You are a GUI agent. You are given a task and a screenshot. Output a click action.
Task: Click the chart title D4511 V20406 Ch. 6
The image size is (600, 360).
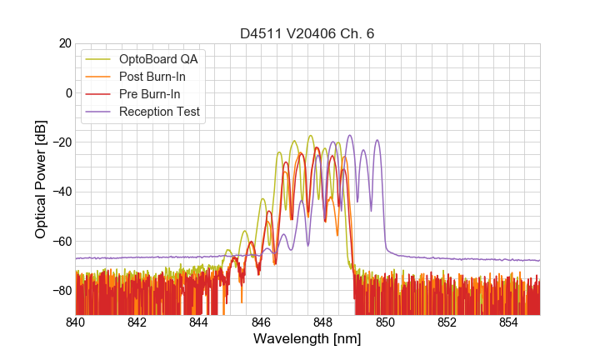click(307, 34)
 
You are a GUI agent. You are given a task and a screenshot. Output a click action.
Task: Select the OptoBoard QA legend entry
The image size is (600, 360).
click(159, 59)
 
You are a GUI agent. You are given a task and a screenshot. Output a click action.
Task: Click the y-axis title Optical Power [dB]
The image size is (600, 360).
click(41, 179)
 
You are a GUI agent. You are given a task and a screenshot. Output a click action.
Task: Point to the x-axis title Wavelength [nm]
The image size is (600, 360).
click(307, 339)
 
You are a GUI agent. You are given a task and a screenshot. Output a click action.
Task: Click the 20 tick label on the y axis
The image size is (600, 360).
click(63, 43)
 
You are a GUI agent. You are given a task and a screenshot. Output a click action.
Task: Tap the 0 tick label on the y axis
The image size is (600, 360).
click(67, 92)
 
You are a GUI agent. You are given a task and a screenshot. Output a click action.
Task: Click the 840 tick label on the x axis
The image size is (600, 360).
click(76, 322)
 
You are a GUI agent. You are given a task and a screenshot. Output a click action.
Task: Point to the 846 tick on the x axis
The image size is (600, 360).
click(261, 322)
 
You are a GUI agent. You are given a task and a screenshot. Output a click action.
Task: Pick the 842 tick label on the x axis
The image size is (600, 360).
click(137, 322)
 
